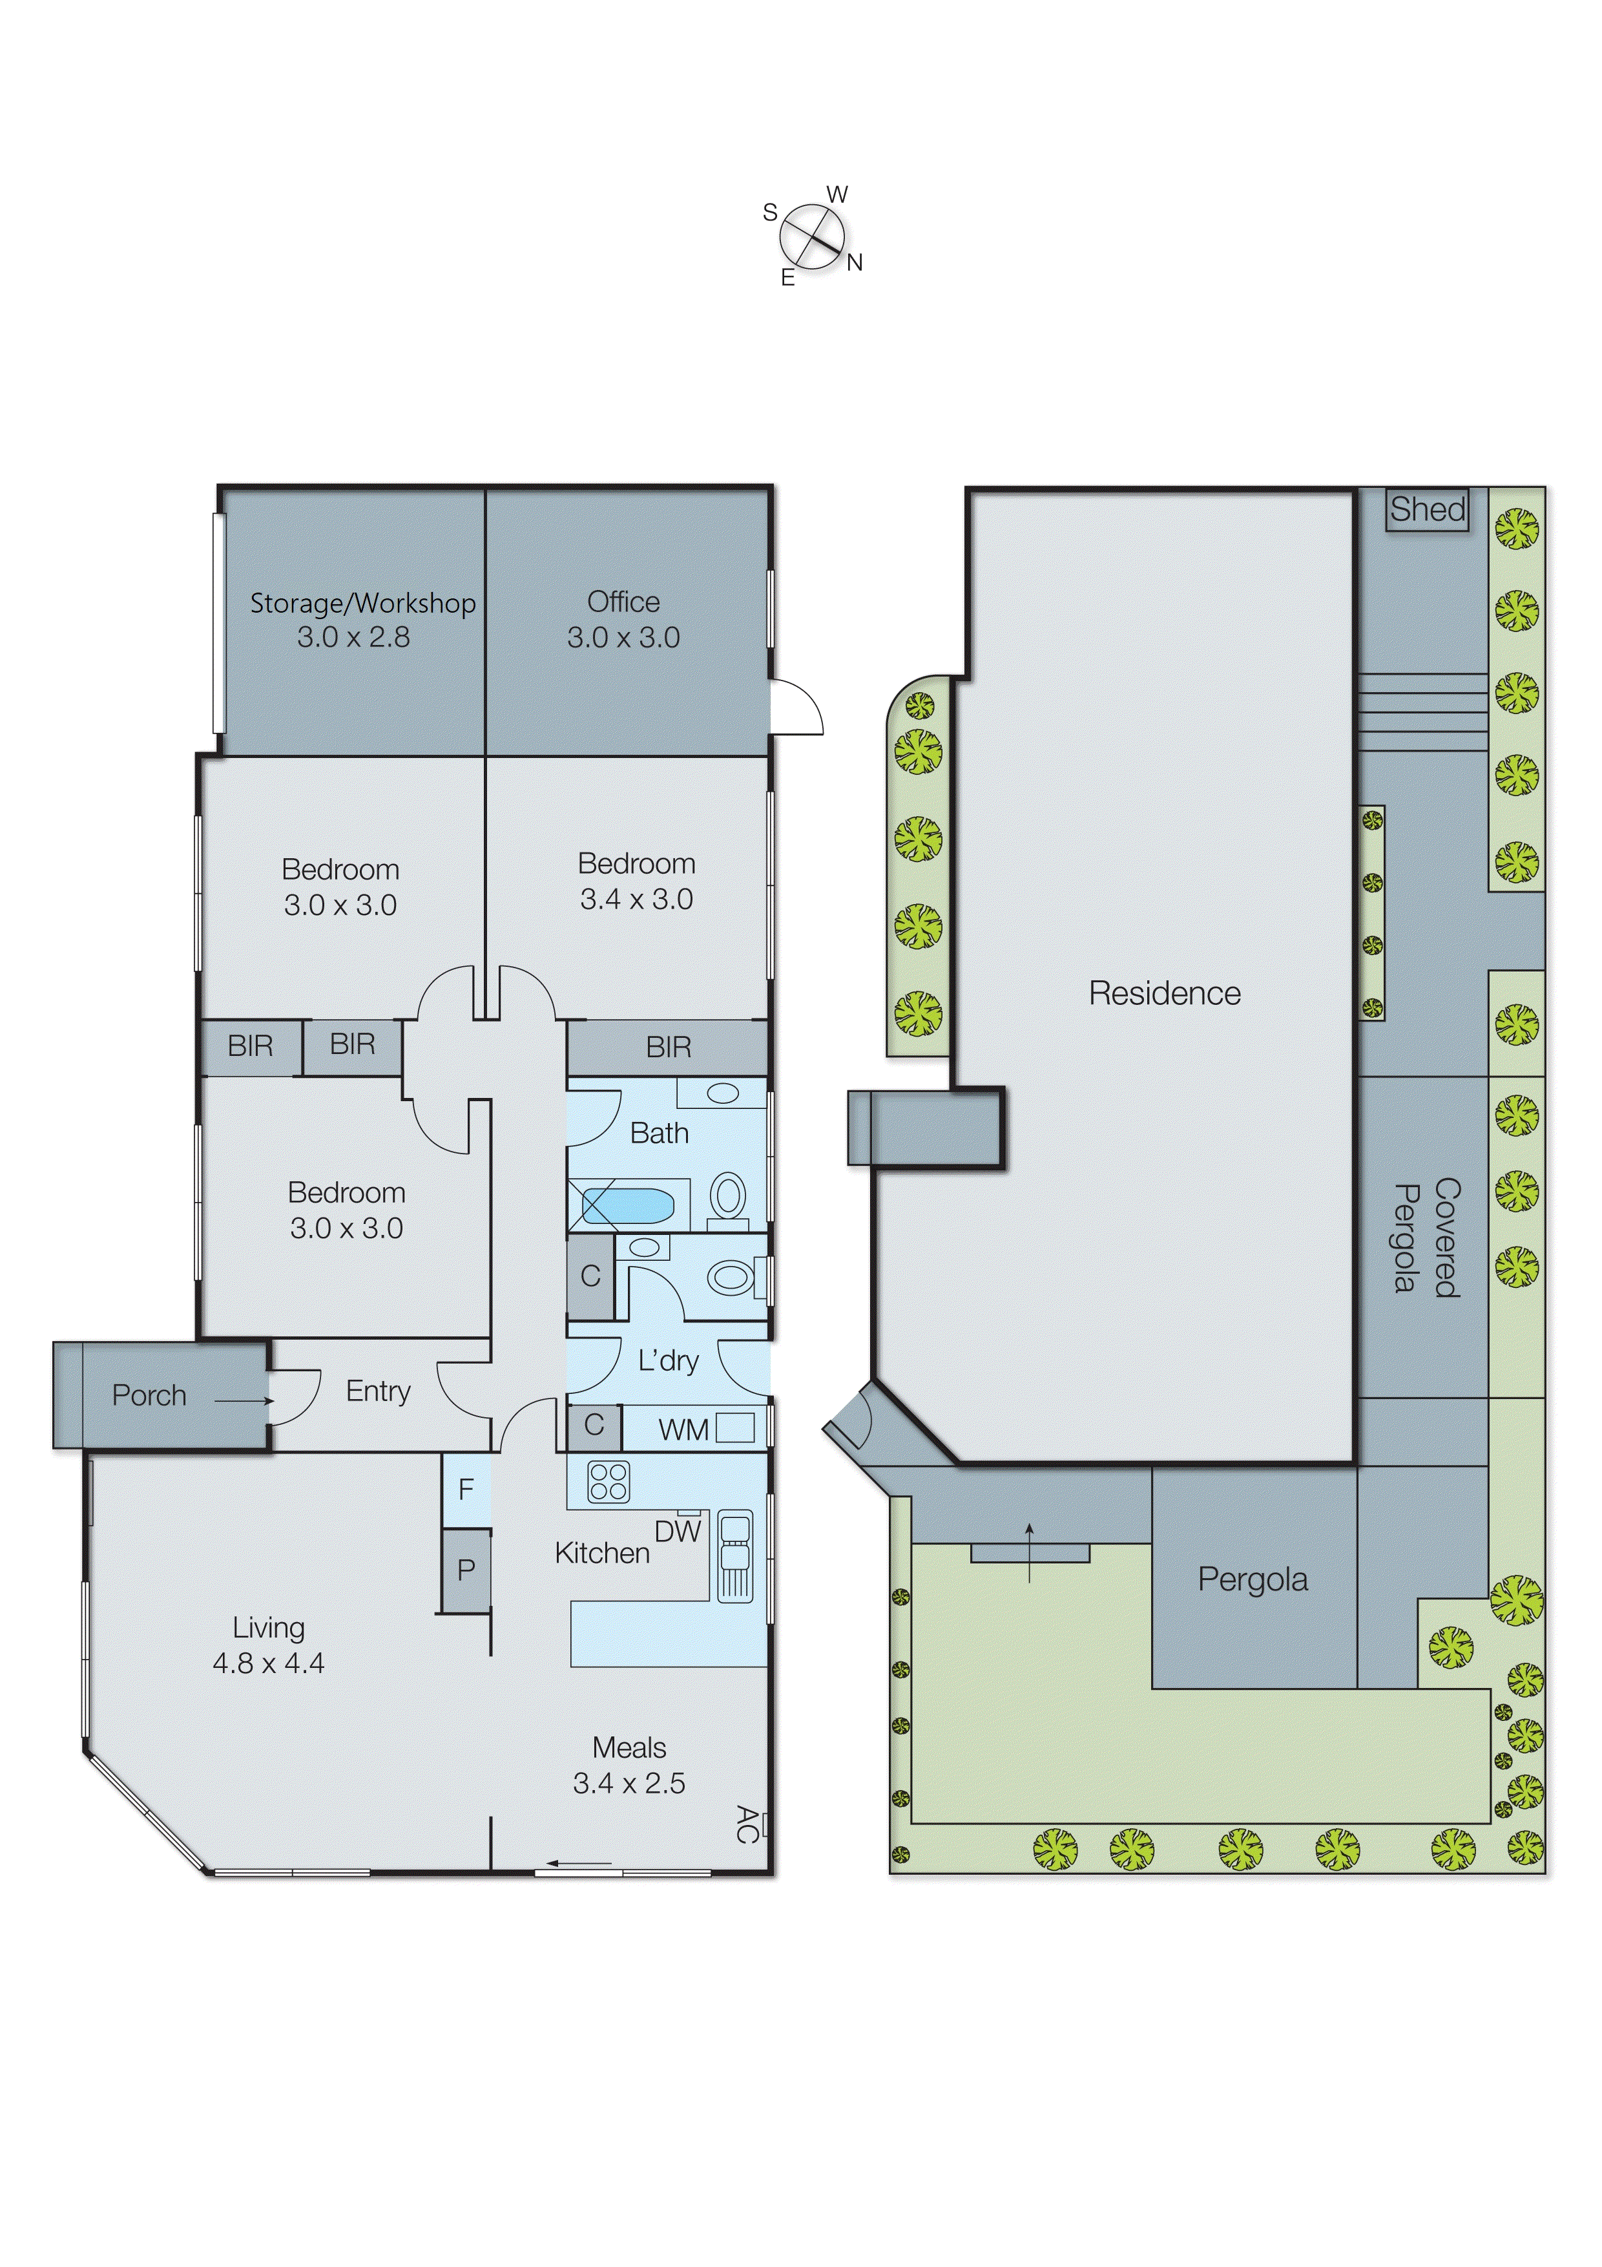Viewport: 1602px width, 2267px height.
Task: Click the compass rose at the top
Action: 813,237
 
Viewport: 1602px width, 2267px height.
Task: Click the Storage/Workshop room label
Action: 362,604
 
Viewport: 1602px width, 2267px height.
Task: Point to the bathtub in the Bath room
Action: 628,1206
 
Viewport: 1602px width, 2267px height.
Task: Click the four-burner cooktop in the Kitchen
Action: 608,1482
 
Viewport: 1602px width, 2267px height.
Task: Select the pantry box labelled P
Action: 466,1570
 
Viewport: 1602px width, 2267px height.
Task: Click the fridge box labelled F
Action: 466,1489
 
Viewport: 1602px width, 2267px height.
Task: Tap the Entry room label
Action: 378,1391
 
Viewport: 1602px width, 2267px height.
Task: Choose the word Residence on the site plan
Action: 1165,993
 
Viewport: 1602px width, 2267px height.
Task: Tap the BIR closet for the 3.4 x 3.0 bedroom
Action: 668,1048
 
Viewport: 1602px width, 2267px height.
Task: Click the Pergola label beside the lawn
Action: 1253,1580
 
